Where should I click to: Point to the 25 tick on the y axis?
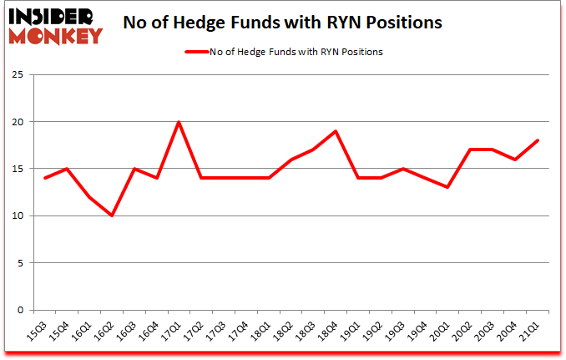17,75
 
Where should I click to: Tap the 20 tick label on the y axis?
17,122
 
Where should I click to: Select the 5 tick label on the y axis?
19,263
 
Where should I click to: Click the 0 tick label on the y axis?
19,310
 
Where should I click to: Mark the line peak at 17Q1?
179,122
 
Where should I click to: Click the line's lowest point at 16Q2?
112,215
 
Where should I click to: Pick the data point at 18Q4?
335,131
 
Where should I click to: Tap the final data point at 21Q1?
535,140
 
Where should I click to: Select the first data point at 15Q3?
45,178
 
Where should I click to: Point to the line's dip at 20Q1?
446,187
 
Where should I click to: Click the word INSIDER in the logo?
55,17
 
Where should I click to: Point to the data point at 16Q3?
134,169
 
